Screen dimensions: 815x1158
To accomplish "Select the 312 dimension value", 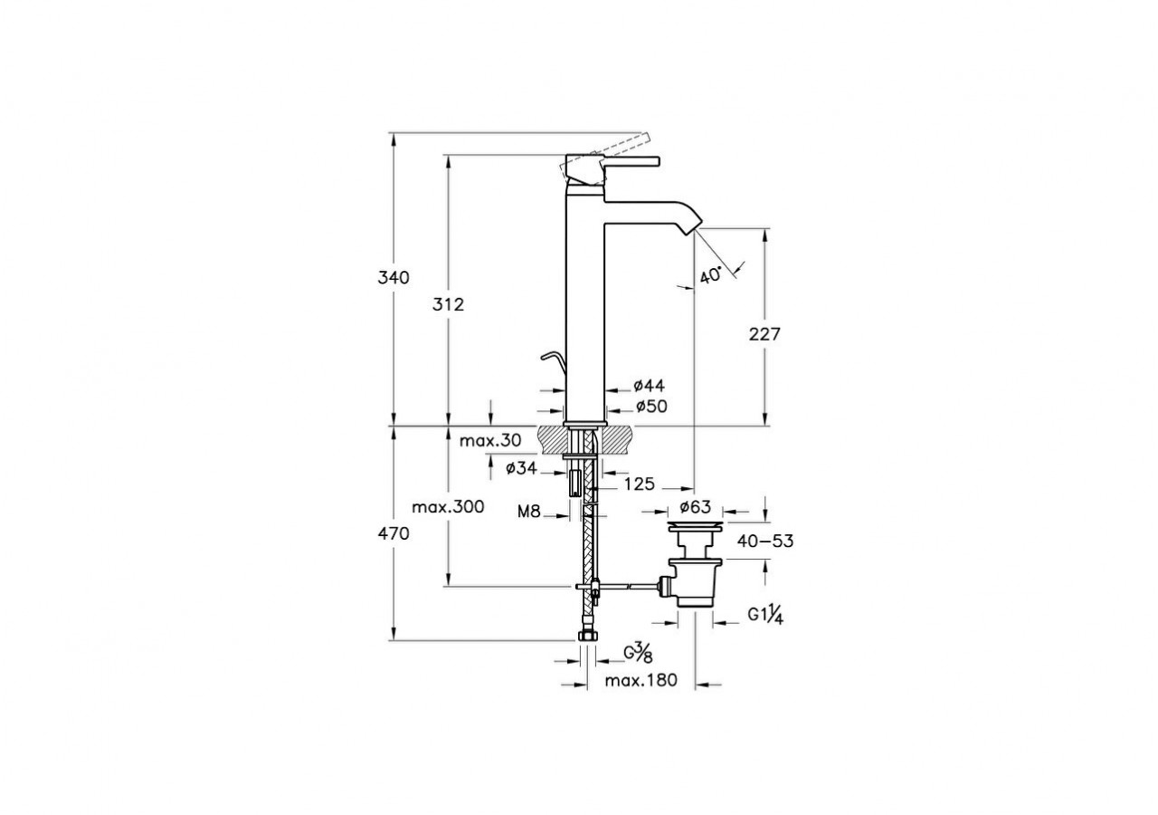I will pos(447,304).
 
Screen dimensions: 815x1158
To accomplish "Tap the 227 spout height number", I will pos(764,334).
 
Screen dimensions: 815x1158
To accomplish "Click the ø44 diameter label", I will pos(650,386).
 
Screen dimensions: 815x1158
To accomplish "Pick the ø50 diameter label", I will pos(650,407).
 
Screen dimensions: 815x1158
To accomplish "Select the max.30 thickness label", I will pos(489,441).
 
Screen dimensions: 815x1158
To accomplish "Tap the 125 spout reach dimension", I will pos(640,484).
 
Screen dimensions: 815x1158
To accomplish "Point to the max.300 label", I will pos(448,506).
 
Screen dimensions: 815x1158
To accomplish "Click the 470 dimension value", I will pos(394,534).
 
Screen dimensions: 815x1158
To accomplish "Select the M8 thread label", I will pos(529,512).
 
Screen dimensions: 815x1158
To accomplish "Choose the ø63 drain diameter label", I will pos(694,506).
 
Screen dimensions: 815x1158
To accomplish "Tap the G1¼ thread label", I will pos(764,615).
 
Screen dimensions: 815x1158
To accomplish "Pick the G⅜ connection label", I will pos(637,652).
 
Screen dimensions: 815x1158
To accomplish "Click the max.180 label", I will pos(641,681).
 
